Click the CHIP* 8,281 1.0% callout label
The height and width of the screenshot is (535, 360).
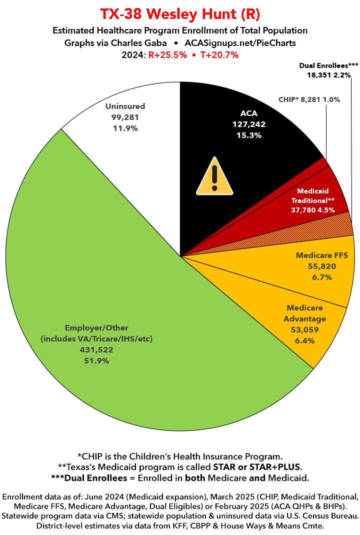coord(309,99)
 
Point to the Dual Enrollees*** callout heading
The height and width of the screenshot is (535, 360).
coord(328,65)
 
